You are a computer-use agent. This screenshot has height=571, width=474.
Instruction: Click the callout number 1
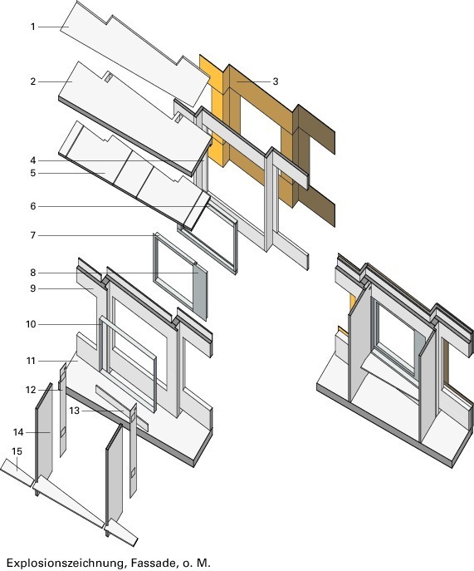click(x=33, y=27)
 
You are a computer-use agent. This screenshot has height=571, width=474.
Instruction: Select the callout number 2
click(x=33, y=81)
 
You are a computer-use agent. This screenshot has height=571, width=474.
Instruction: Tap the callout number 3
click(x=276, y=81)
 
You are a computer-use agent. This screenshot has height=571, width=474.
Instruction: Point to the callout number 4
click(x=33, y=160)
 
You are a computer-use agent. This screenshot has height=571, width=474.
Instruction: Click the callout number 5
click(x=33, y=173)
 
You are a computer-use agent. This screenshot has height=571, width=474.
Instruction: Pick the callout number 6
click(x=33, y=206)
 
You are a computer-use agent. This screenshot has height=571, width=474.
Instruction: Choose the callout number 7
click(x=33, y=235)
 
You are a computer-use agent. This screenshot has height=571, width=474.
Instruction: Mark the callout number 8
click(x=33, y=273)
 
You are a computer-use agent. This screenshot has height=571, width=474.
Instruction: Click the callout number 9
click(x=33, y=288)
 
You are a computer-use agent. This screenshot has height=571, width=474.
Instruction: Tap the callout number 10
click(x=32, y=324)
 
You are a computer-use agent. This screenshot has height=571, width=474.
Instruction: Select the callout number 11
click(x=32, y=361)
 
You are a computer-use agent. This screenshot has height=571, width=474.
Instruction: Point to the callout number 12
click(x=32, y=390)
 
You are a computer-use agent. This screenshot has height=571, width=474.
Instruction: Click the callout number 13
click(x=74, y=411)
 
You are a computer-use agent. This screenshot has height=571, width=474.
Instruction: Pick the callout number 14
click(x=18, y=432)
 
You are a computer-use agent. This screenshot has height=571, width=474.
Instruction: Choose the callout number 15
click(x=17, y=451)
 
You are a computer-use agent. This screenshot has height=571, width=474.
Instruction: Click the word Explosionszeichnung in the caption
click(x=65, y=563)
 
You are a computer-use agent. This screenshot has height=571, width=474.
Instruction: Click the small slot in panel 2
click(x=108, y=77)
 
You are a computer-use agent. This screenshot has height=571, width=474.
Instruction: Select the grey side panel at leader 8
click(x=200, y=290)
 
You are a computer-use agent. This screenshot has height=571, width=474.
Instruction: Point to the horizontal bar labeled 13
click(x=122, y=408)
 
